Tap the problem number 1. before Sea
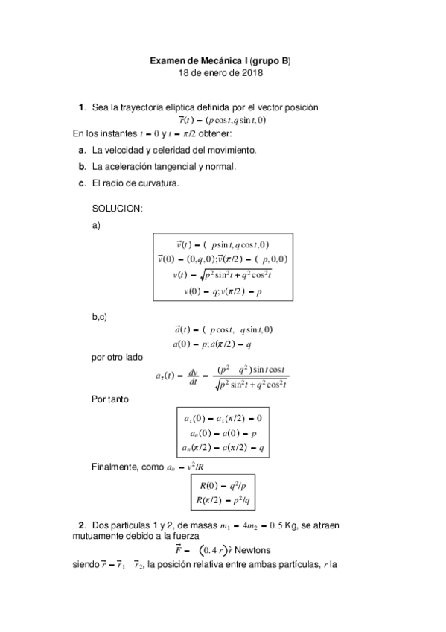82,107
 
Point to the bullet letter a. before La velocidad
81,150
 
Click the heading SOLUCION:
117,209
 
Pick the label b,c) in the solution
100,317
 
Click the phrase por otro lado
117,357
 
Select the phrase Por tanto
110,399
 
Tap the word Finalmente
113,467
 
